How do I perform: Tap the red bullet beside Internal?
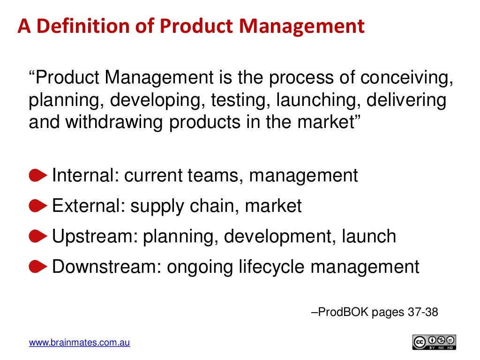tap(38, 176)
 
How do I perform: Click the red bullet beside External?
tap(38, 206)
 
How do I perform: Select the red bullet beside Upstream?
tap(38, 236)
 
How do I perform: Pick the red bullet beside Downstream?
tap(38, 267)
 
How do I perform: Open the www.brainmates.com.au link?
tap(79, 343)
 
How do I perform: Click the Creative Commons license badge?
tap(434, 342)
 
